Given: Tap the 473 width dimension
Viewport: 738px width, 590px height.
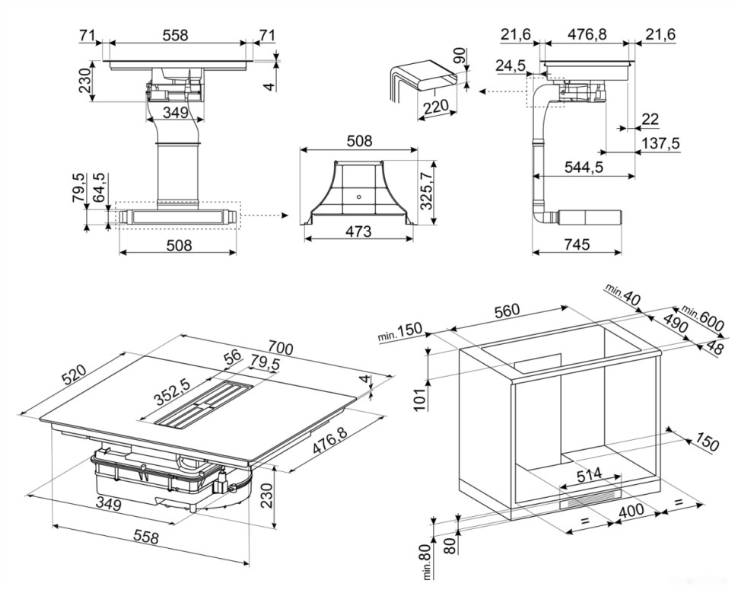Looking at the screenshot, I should (x=358, y=231).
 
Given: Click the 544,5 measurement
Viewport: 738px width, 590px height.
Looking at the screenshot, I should (x=584, y=167).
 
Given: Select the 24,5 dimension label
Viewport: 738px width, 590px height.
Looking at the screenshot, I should (x=511, y=65).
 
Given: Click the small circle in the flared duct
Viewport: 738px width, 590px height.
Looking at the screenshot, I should (x=358, y=195).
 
